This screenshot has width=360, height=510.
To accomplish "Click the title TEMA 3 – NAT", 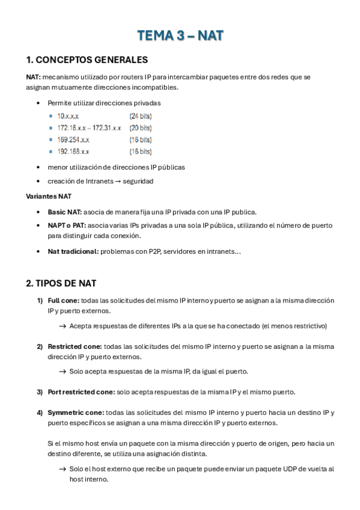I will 180,36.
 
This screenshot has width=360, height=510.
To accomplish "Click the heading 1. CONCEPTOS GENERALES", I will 87,60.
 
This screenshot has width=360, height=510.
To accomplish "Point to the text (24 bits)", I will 141,115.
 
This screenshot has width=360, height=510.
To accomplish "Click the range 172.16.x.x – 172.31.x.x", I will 89,127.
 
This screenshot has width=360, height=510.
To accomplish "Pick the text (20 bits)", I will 141,127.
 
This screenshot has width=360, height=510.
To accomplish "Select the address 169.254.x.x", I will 73,140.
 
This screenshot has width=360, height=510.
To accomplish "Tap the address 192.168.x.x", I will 73,152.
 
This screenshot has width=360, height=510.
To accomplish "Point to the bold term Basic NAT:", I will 64,212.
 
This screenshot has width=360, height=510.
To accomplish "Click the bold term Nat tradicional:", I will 73,251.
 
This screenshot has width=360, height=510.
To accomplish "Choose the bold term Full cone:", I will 63,300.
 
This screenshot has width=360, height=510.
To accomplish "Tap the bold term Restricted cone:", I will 75,346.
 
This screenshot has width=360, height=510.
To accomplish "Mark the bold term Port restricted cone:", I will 81,392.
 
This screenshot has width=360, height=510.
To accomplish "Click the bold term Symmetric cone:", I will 76,413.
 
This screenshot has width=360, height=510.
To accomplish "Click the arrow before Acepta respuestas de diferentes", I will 63,326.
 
